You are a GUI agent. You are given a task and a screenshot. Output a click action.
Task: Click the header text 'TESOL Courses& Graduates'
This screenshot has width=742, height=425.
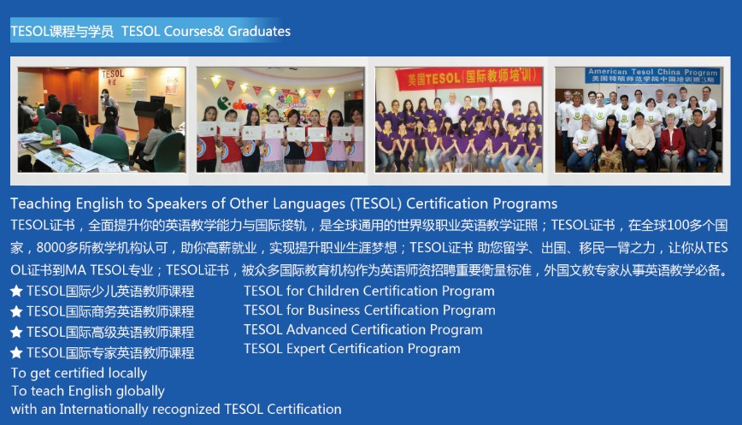(x=206, y=32)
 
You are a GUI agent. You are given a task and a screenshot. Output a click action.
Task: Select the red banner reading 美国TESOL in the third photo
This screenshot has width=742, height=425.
(x=468, y=77)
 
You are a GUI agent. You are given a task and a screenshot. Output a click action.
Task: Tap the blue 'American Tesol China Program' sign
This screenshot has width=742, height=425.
(x=652, y=75)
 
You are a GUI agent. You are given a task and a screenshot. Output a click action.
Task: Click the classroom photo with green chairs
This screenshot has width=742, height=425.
(x=102, y=119)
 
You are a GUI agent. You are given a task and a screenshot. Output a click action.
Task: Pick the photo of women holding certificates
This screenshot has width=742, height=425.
(x=280, y=119)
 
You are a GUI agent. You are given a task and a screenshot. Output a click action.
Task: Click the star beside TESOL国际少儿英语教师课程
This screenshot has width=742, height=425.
(x=16, y=291)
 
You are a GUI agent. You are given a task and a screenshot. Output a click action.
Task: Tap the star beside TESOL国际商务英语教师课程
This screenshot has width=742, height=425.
(x=16, y=311)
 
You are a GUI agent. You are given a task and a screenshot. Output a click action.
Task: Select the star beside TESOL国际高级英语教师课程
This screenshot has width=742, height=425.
(x=16, y=333)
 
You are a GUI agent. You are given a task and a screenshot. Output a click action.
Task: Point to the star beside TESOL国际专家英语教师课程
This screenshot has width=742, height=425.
(x=16, y=352)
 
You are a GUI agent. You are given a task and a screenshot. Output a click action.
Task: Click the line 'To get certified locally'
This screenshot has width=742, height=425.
(x=79, y=373)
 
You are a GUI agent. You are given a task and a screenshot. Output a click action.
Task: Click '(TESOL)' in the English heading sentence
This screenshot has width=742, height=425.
(x=376, y=204)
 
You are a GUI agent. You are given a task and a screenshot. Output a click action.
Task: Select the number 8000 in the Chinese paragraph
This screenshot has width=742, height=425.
(x=50, y=247)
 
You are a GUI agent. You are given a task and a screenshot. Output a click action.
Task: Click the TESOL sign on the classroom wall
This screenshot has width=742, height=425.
(x=113, y=76)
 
